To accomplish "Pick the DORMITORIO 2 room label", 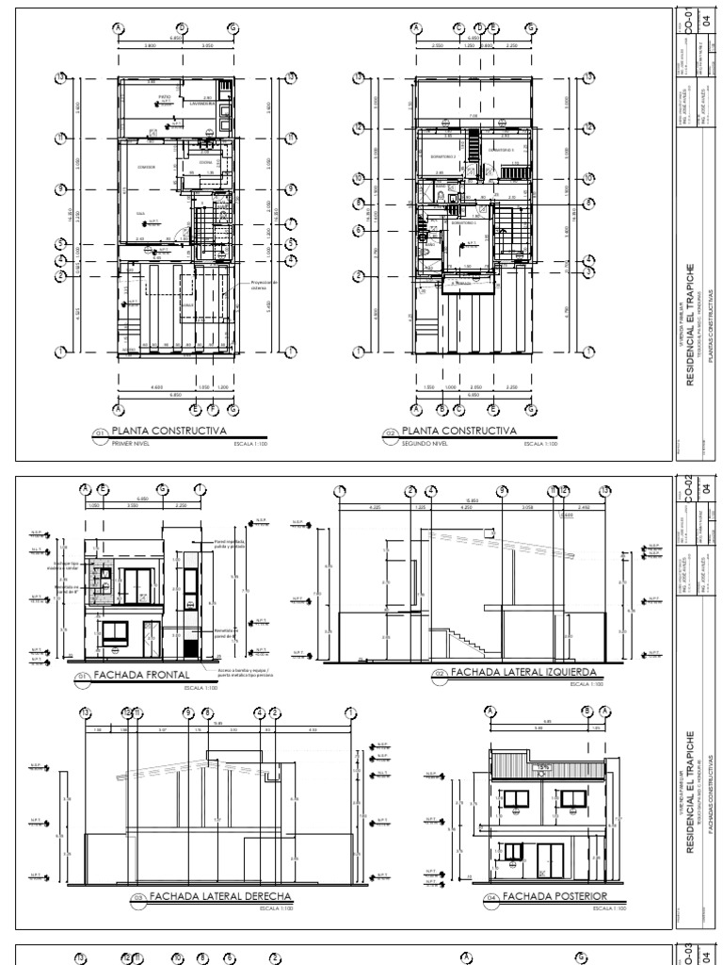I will (x=442, y=156).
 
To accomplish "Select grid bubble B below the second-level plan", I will (x=442, y=409).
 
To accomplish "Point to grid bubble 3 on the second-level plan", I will (x=359, y=230).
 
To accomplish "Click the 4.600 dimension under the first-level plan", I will (x=157, y=386).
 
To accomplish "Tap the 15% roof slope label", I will (x=543, y=769).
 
